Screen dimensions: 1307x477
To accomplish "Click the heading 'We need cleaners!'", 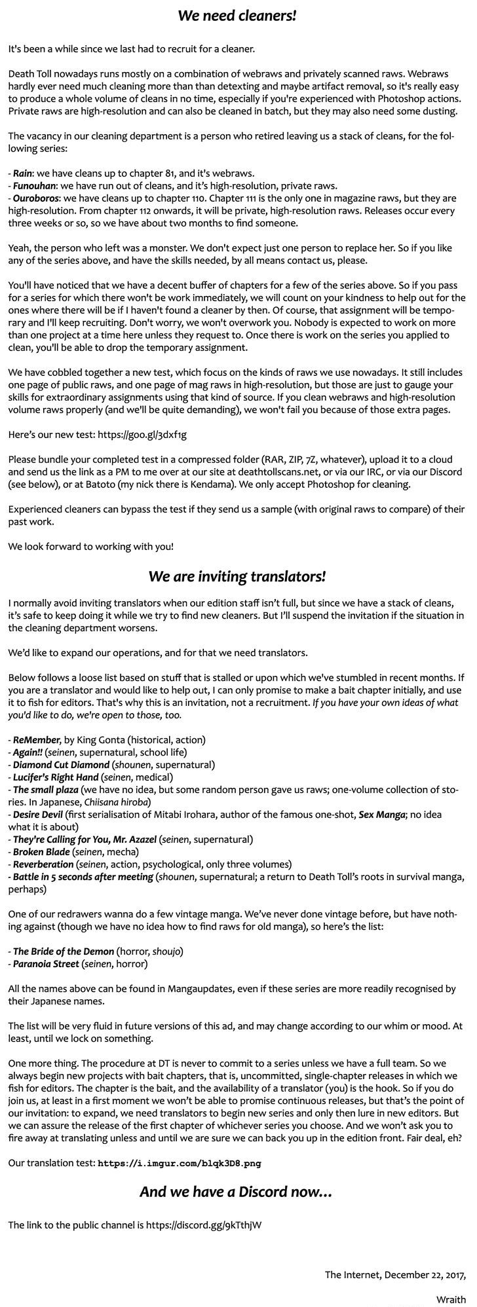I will (x=238, y=16).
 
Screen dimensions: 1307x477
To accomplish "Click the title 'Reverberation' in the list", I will (x=43, y=864).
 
